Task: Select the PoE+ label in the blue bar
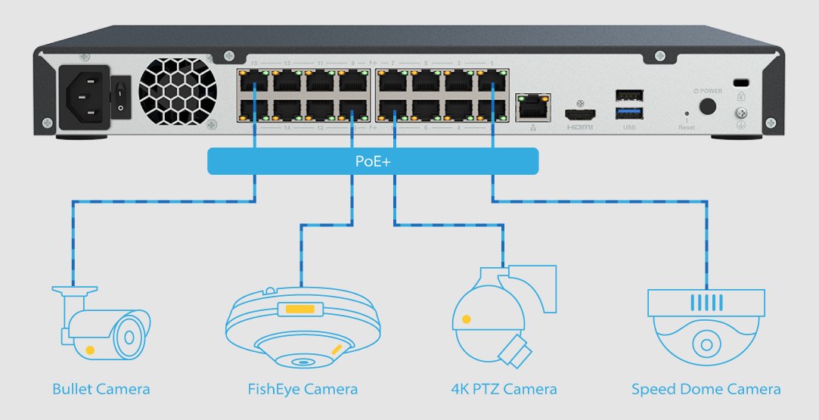coord(372,161)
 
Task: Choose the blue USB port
coord(629,113)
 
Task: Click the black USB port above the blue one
coord(629,96)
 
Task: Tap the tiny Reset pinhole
coord(686,114)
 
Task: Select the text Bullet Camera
coord(101,390)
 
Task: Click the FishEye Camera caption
coord(302,390)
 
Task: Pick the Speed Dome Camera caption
coord(706,390)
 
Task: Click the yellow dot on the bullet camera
coord(91,350)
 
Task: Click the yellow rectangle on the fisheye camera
coord(300,309)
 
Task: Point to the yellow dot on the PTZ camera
coord(467,319)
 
